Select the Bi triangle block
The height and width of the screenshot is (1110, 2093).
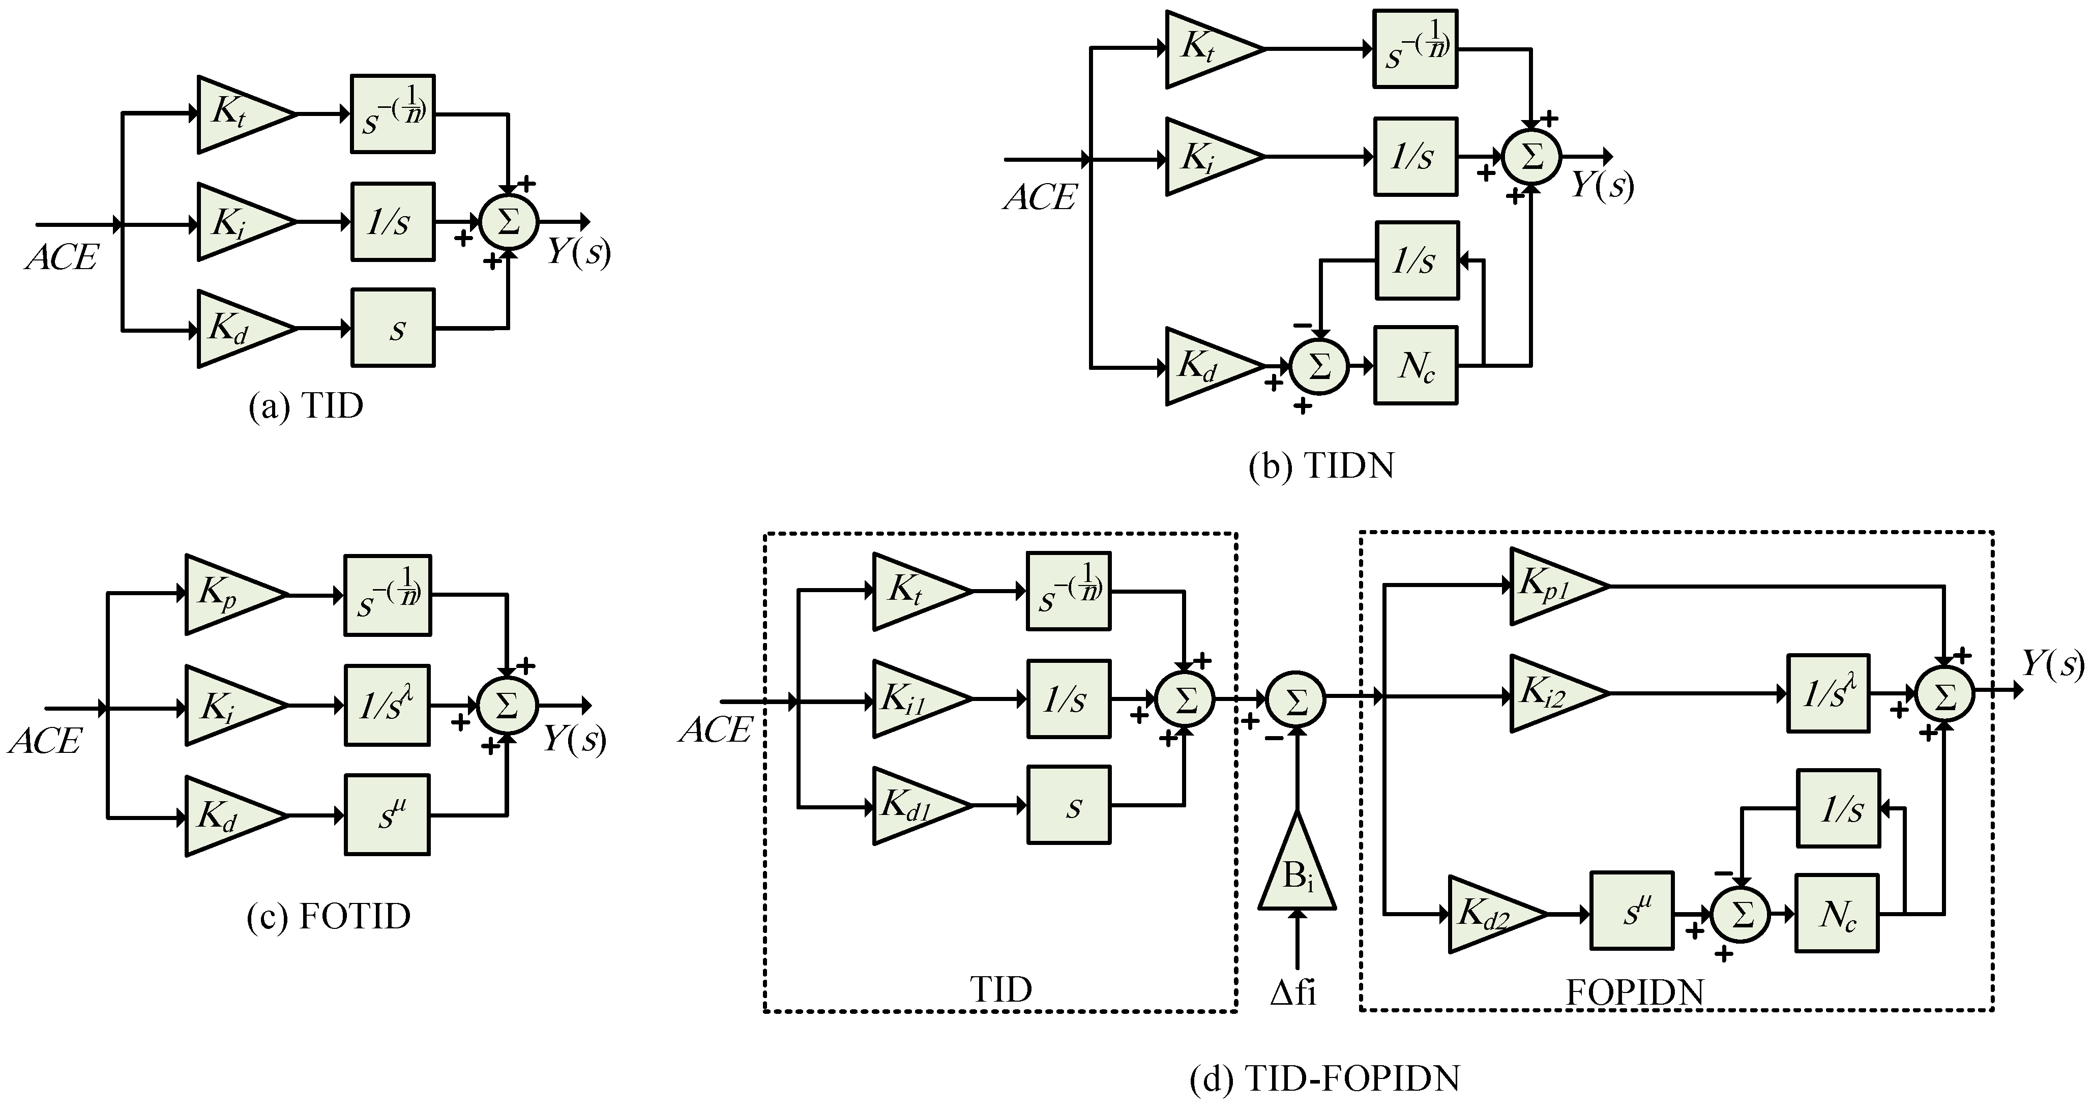[x=1297, y=866]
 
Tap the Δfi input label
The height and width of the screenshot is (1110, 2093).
[x=1293, y=993]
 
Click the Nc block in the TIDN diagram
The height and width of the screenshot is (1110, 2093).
[x=1416, y=366]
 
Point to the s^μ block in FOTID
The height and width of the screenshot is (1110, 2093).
[x=388, y=815]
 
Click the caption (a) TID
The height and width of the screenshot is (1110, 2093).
[x=306, y=405]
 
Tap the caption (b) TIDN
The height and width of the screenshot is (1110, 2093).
[x=1321, y=465]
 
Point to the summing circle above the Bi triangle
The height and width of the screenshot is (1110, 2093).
[x=1297, y=699]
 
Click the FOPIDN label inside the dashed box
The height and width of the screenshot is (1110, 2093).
[x=1635, y=991]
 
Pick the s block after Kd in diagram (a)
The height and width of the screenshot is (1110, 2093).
[x=393, y=328]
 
